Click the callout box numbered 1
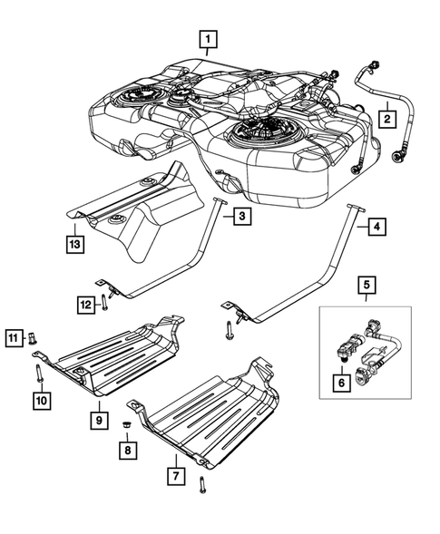[210, 39]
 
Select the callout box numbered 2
[386, 119]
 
